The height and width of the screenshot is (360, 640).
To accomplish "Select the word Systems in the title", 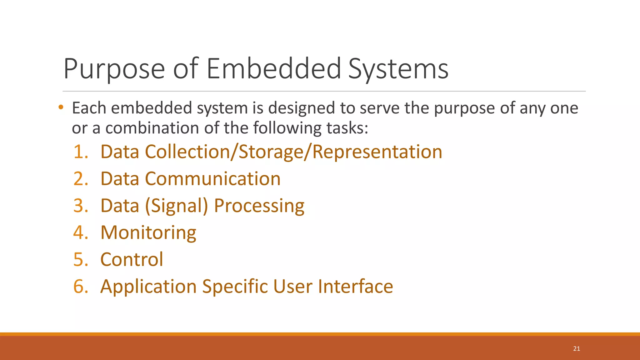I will click(x=398, y=69).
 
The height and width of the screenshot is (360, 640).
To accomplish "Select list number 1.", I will click(x=81, y=152).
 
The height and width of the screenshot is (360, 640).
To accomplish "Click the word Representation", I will click(x=377, y=152).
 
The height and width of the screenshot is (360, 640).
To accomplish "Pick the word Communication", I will click(x=212, y=179).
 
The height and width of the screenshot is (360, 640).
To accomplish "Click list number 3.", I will click(x=81, y=206).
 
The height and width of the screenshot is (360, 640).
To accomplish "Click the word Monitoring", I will click(x=148, y=233).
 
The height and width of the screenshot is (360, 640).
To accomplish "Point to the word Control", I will click(x=132, y=260).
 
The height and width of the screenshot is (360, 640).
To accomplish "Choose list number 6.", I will click(x=81, y=287).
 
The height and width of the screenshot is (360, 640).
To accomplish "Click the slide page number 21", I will click(x=577, y=349).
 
